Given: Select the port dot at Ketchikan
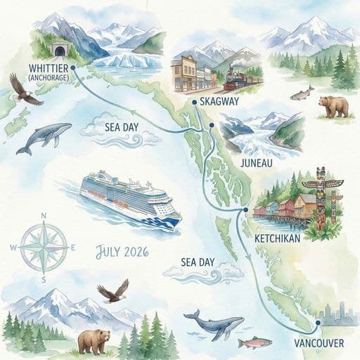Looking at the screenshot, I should tap(245, 210).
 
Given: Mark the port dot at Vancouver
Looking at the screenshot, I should tap(318, 323).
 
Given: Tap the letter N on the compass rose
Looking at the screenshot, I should tap(44, 216).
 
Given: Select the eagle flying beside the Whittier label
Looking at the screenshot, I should tap(25, 90).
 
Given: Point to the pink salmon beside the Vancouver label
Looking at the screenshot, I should tap(254, 342).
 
